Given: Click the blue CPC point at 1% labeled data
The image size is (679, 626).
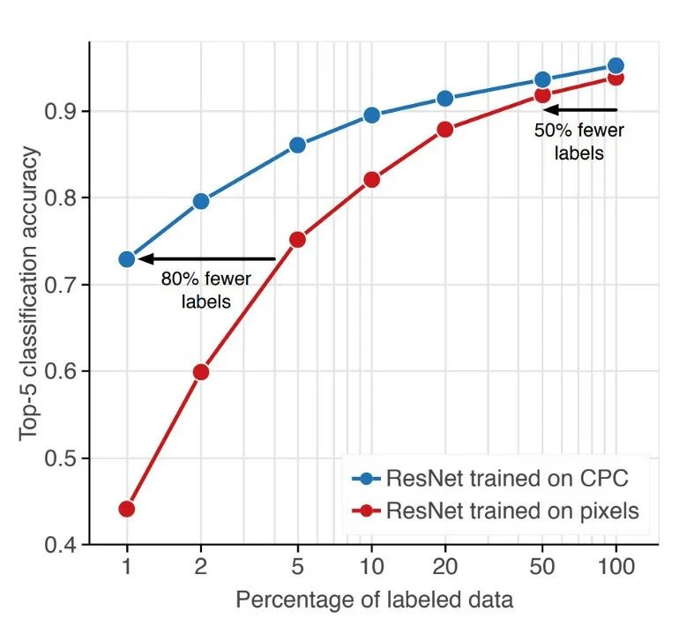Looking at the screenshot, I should (127, 259).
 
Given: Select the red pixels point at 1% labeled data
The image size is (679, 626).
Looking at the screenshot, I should (127, 509).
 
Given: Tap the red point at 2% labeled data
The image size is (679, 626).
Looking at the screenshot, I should (201, 372).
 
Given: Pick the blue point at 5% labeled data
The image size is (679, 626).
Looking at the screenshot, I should (297, 145).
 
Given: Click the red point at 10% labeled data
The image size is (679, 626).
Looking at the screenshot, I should (371, 180).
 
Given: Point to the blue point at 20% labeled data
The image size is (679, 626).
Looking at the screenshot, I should (445, 99).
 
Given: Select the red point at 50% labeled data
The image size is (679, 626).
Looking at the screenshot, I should (542, 95).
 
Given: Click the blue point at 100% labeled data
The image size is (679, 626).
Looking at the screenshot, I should (616, 65).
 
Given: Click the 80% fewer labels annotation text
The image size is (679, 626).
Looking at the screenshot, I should (205, 290).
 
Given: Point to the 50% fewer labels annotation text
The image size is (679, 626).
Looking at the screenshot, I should (579, 141).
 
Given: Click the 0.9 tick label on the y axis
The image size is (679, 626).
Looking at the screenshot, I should (61, 112).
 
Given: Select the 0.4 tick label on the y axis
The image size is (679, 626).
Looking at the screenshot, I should (61, 545).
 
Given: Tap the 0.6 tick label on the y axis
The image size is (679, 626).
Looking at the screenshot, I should (61, 371).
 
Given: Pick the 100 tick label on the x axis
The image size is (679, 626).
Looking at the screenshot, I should (616, 567).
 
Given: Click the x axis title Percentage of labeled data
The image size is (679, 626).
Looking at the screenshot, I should (374, 600).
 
